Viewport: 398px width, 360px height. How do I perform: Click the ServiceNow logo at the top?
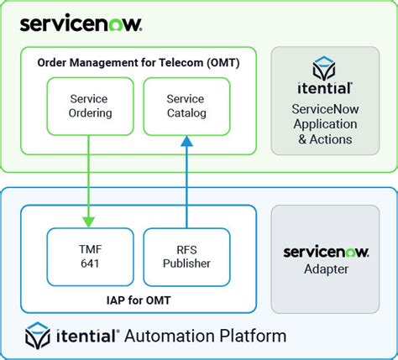pyautogui.click(x=81, y=23)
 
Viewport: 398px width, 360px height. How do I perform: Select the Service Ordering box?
pyautogui.click(x=88, y=107)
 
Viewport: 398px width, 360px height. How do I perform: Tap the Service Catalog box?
pyautogui.click(x=186, y=107)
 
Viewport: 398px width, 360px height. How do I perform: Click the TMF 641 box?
pyautogui.click(x=88, y=255)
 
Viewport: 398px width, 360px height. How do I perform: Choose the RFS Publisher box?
pyautogui.click(x=186, y=255)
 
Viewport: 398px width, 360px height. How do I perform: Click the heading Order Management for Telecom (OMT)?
pyautogui.click(x=137, y=63)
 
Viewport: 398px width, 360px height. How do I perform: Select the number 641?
pyautogui.click(x=88, y=263)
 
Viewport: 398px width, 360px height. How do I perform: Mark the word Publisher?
pyautogui.click(x=186, y=263)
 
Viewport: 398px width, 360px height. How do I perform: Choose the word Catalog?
pyautogui.click(x=186, y=114)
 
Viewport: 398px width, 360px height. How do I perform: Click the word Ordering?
pyautogui.click(x=88, y=114)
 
